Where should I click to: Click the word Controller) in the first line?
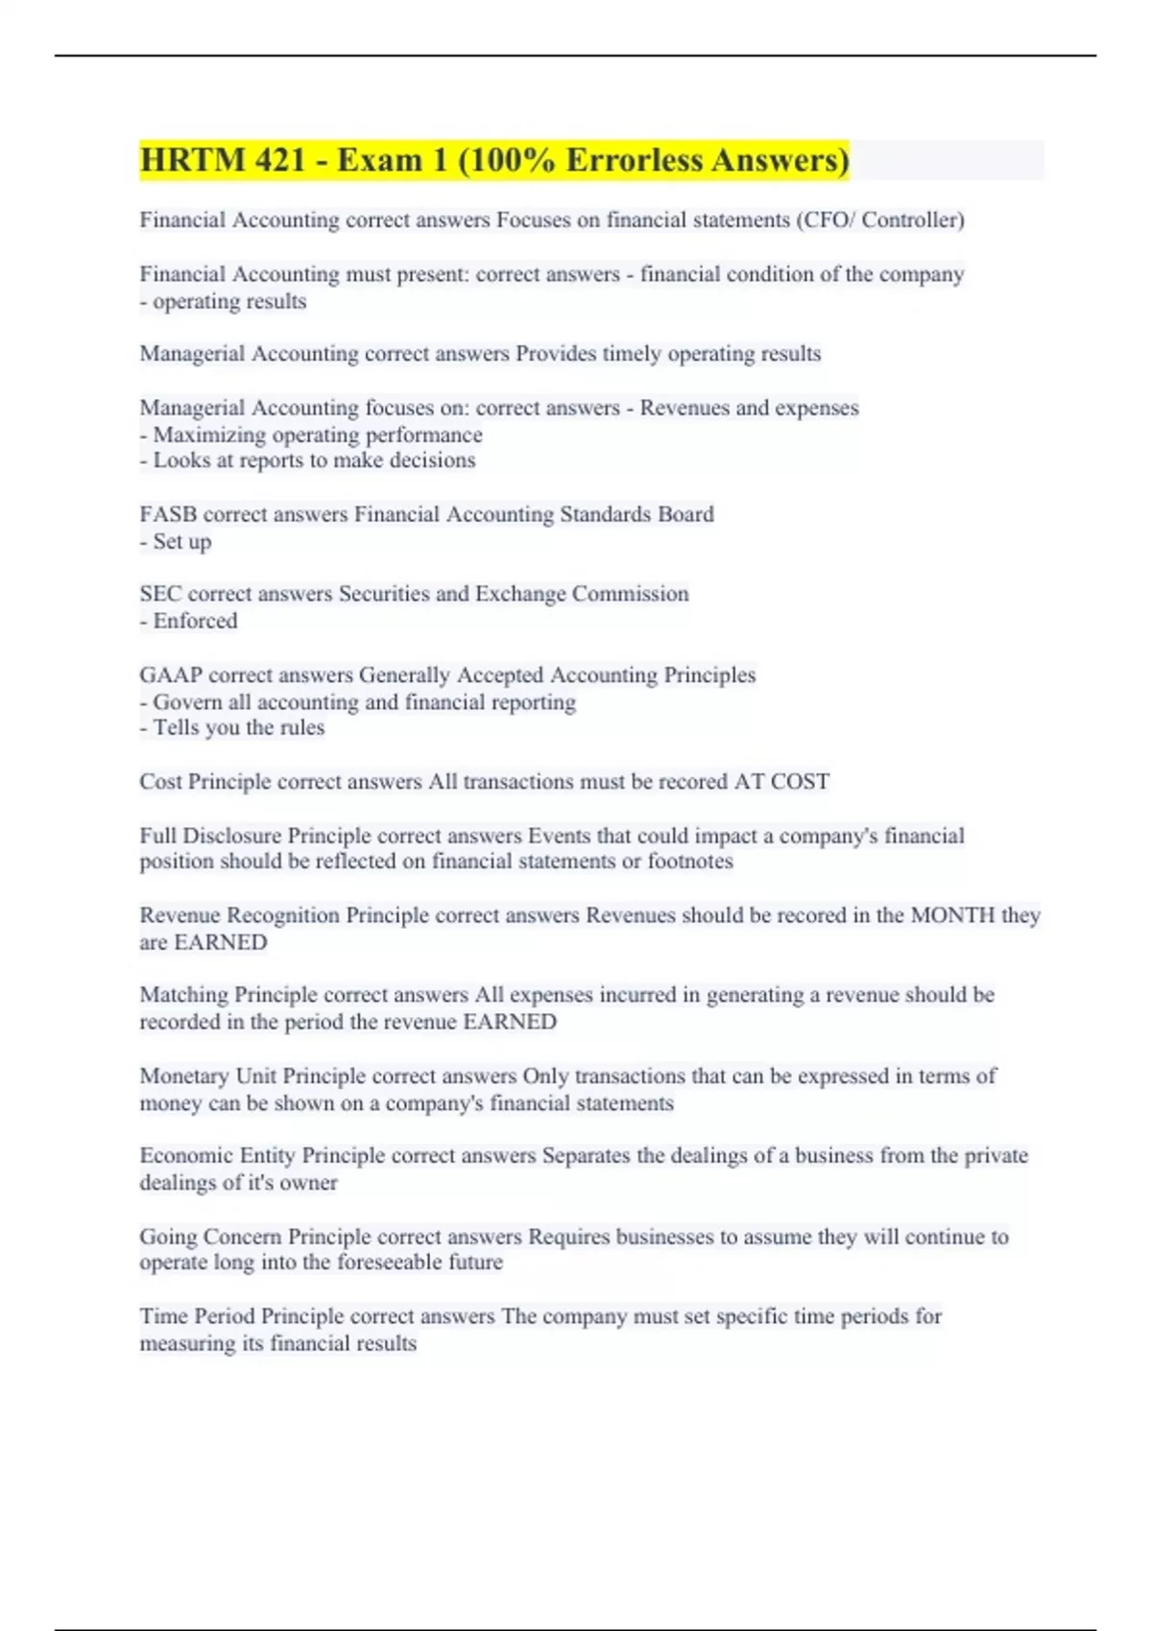[913, 220]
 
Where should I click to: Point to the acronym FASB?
[168, 514]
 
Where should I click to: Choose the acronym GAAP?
[170, 675]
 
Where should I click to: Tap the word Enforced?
[195, 622]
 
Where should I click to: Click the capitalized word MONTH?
[952, 915]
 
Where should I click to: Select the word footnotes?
[690, 862]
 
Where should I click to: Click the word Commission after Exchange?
[631, 594]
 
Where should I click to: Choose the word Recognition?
[283, 915]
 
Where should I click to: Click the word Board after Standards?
[685, 514]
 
